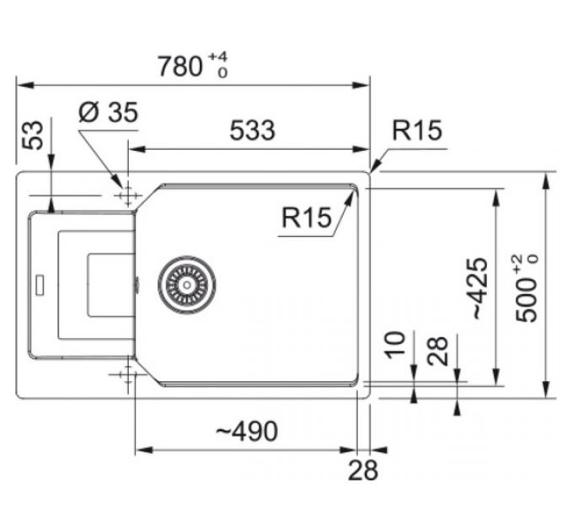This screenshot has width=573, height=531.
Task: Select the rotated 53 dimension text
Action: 33,134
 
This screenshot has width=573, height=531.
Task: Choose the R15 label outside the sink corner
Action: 416,130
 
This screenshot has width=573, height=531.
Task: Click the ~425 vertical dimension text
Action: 479,288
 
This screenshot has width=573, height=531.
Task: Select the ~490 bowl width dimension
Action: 246,432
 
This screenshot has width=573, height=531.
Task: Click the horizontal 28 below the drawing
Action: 363,470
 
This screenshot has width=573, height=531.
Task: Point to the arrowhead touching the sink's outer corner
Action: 373,167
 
